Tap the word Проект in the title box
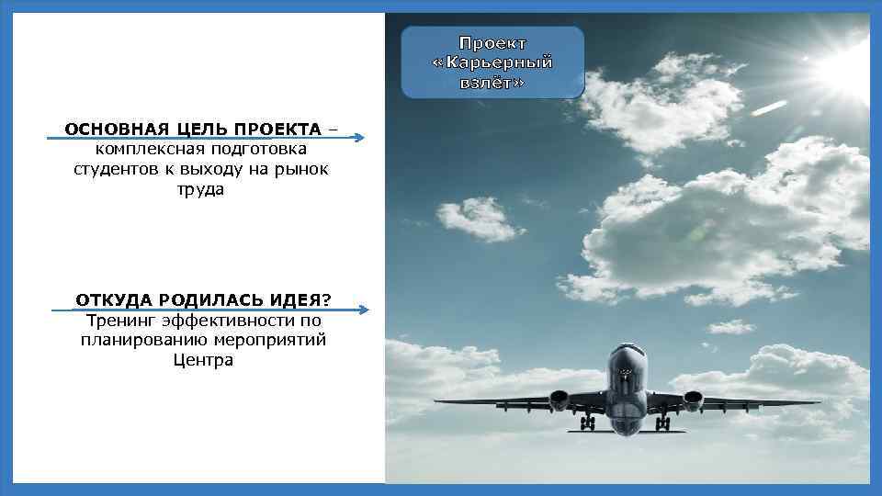tap(492, 43)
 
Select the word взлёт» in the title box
tap(492, 82)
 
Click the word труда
tap(202, 191)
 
